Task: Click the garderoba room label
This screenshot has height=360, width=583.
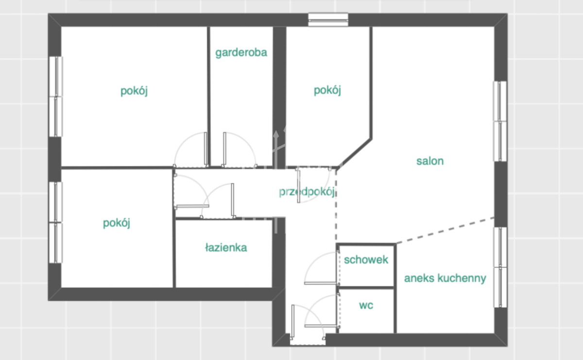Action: pos(241,53)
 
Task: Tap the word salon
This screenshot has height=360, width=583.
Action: pos(430,161)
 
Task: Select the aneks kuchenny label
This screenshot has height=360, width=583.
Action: pos(445,278)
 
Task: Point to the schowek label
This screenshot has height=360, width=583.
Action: pos(366,259)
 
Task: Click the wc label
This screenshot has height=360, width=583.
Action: pos(366,305)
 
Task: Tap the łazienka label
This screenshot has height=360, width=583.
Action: pos(226,248)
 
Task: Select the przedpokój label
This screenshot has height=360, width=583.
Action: pos(307,192)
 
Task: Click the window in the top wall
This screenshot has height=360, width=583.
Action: pos(328,20)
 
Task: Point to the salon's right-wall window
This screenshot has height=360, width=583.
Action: pos(500,121)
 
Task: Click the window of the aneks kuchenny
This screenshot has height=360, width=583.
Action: pos(500,267)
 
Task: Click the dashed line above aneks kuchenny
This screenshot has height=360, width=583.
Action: pos(445,230)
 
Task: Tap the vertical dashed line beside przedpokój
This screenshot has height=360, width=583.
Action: pos(336,206)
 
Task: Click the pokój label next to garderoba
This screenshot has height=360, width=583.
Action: pos(134,91)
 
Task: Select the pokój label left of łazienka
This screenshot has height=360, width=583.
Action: pos(116,223)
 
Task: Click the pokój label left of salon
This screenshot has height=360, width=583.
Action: pos(327,91)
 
